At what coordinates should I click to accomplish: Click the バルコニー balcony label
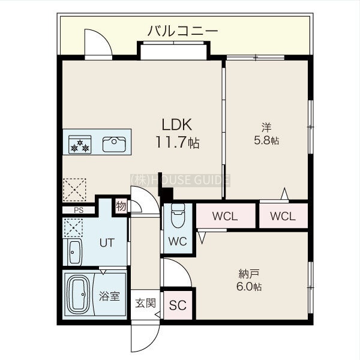click(182, 31)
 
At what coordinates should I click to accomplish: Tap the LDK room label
click(176, 125)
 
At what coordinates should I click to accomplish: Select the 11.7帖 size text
click(178, 142)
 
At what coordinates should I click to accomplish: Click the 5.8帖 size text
click(266, 140)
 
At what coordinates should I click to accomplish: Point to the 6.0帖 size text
click(249, 287)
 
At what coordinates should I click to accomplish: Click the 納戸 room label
click(249, 274)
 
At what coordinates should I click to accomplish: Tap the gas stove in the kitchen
click(80, 145)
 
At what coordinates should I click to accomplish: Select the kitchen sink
click(114, 145)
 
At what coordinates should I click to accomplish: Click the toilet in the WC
click(178, 215)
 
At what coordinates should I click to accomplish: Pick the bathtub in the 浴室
click(78, 295)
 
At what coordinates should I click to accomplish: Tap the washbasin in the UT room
click(75, 252)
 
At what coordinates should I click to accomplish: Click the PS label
click(79, 210)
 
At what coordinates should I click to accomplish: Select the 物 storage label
click(121, 206)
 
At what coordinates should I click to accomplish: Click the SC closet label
click(178, 305)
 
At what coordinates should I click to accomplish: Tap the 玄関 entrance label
click(145, 303)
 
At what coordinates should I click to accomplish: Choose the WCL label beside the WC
click(225, 216)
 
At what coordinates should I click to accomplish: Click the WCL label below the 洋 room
click(283, 216)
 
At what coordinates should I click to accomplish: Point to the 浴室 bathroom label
click(109, 296)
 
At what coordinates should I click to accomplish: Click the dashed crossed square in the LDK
click(74, 190)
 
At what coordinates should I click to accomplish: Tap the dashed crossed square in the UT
click(73, 227)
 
